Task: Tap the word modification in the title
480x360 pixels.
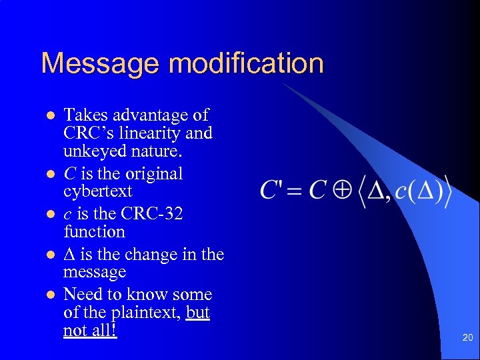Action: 246,64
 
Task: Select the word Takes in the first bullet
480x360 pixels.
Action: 85,115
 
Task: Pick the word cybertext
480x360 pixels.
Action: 98,192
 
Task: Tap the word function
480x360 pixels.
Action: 94,232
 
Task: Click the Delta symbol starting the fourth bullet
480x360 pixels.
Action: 69,255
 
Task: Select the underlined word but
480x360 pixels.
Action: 198,313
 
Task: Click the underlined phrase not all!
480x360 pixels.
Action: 90,331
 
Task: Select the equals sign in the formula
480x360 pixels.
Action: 296,191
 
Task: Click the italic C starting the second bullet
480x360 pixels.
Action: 69,174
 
